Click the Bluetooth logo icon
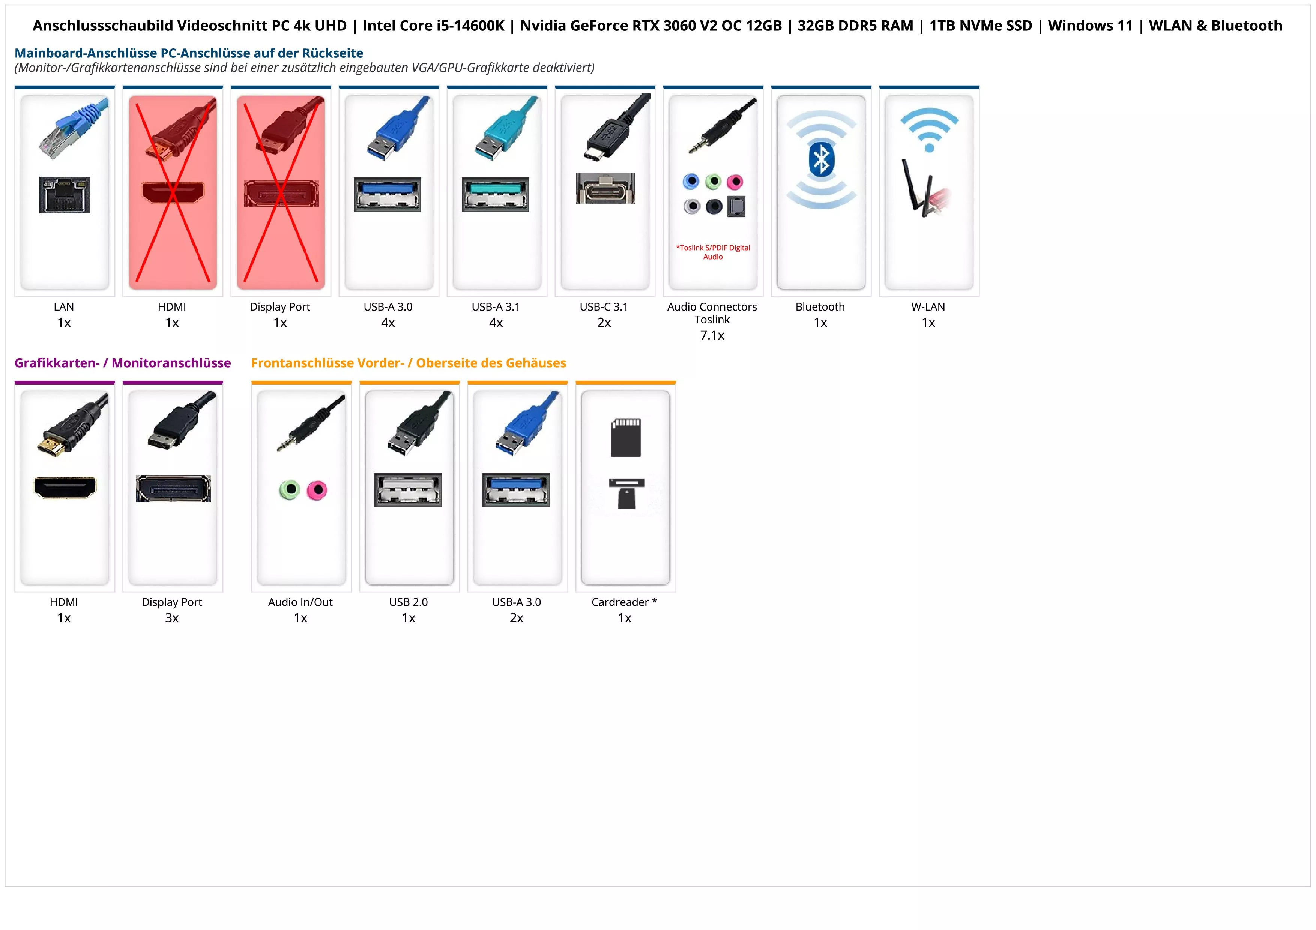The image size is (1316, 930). pos(821,159)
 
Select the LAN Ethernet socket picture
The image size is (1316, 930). pos(65,195)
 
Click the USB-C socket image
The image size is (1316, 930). pos(605,188)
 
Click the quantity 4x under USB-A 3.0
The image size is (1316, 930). pos(388,323)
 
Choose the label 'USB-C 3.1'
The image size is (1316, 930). pos(604,306)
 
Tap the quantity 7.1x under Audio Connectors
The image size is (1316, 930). pos(712,335)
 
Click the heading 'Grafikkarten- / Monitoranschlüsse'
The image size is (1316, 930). pos(123,363)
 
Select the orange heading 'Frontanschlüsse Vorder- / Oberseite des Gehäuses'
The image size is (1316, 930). pos(408,363)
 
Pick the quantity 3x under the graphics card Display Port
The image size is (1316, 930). pos(172,618)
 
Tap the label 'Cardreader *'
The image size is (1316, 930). pos(624,602)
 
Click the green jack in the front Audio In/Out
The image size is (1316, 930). pos(290,489)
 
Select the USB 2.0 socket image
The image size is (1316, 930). pos(408,490)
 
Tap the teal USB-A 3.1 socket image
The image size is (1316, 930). pos(495,194)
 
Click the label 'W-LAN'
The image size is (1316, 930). pos(928,306)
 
